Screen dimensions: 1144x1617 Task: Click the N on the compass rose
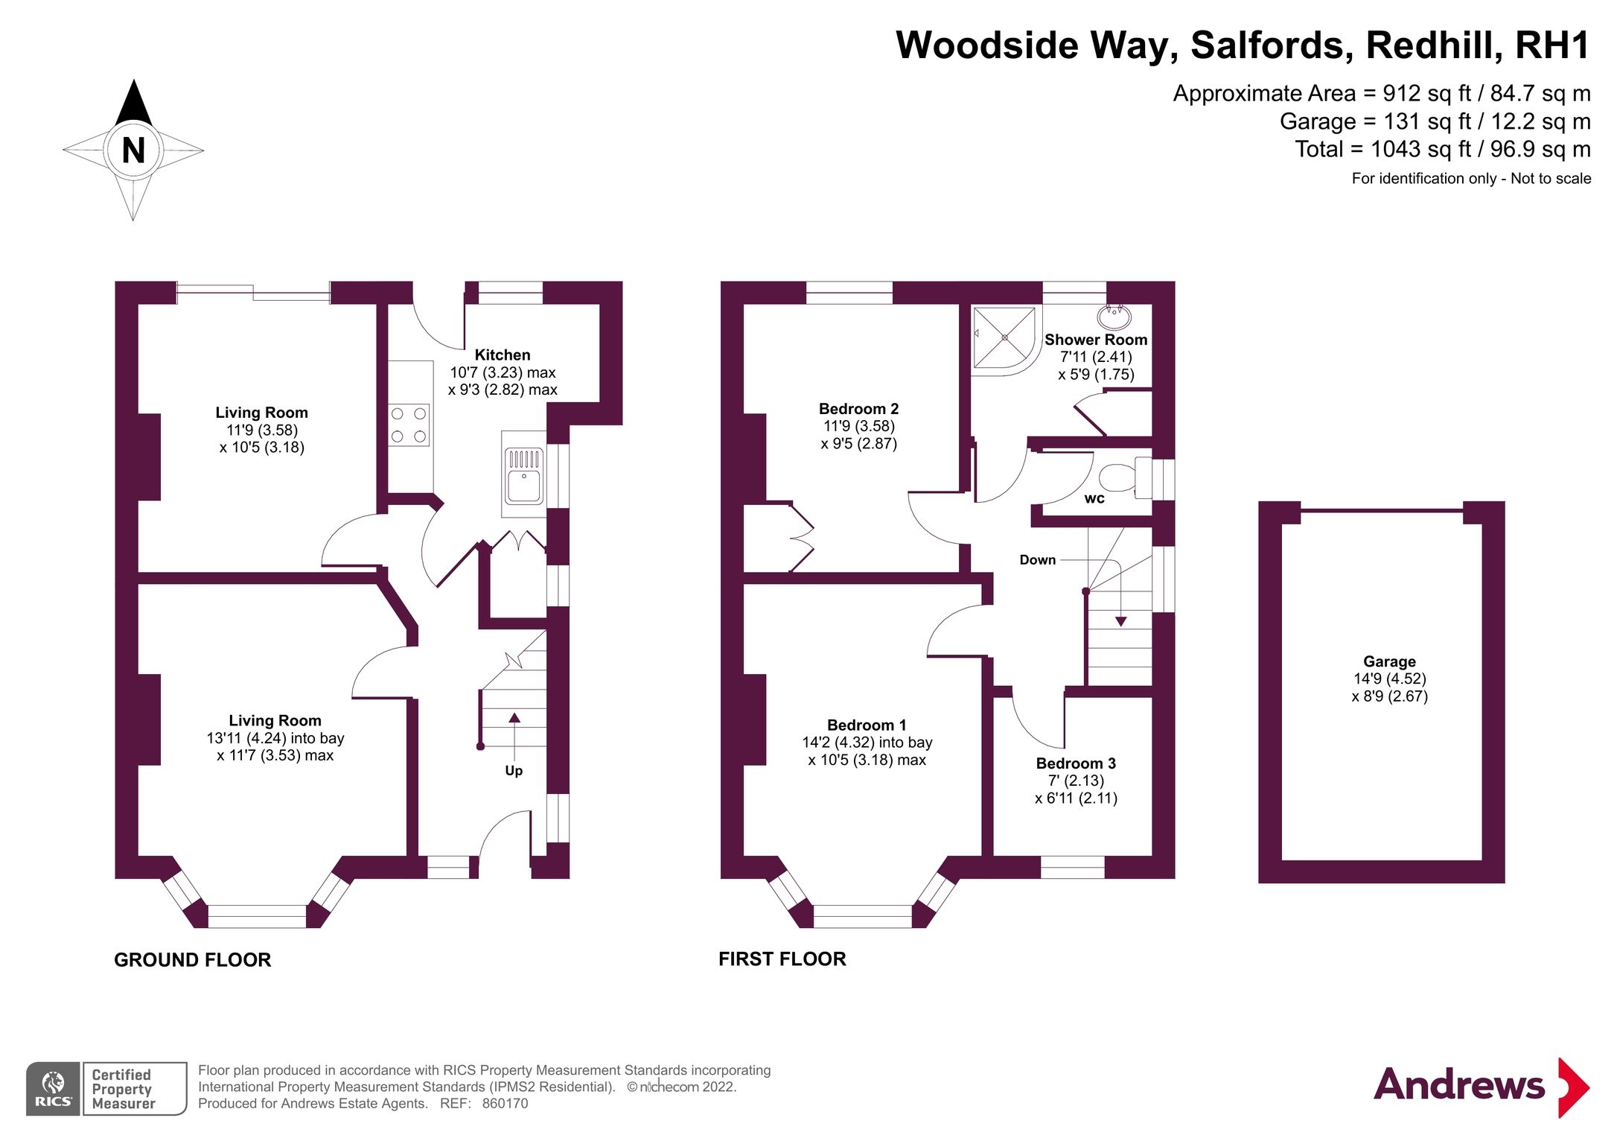133,150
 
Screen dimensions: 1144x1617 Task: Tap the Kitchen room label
503,355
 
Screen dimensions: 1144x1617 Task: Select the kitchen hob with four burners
409,425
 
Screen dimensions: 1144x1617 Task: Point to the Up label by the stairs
514,771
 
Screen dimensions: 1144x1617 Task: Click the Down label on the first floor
1037,560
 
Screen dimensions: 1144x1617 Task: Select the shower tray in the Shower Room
1004,338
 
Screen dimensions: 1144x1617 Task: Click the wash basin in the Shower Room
1114,317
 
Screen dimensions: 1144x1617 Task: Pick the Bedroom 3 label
1076,763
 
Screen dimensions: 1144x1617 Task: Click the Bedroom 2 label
858,409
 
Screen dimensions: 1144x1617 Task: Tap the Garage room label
1389,661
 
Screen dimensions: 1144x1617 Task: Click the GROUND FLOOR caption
193,960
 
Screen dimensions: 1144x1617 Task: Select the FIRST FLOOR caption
782,959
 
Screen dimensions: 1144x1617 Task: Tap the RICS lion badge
53,1088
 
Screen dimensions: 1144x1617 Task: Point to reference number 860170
505,1104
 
